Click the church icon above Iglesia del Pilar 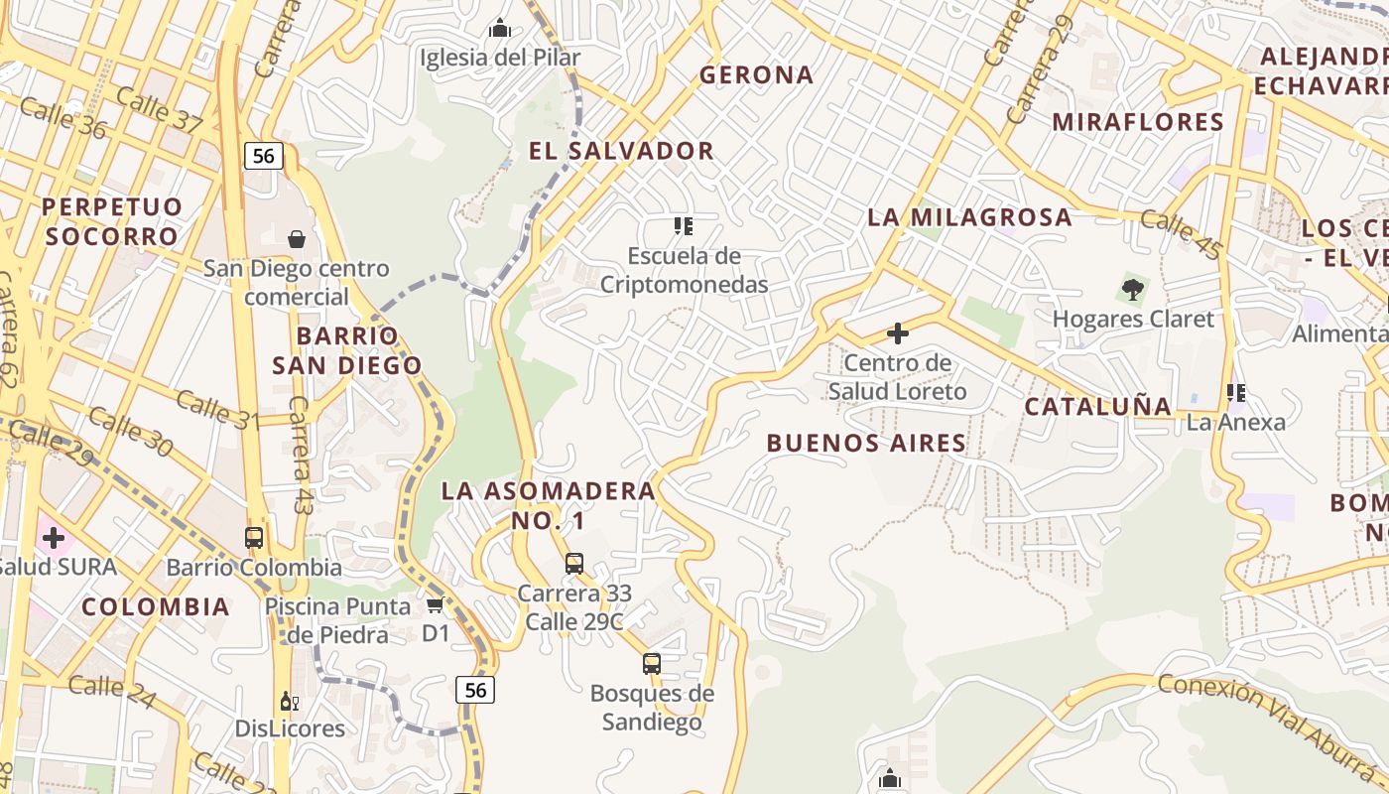point(500,28)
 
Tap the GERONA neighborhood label point(756,74)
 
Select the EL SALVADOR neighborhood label point(621,151)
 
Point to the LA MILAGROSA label point(969,217)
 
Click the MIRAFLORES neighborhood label point(1138,122)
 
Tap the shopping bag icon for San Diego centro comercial point(296,239)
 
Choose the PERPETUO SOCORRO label point(112,221)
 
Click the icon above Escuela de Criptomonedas point(683,226)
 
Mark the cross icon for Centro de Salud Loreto point(897,333)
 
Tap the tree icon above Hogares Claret point(1132,290)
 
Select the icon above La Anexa point(1235,393)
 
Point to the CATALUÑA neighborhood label point(1097,406)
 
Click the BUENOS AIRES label point(866,444)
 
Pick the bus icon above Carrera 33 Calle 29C point(573,564)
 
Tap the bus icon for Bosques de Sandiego point(651,663)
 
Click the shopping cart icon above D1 point(435,604)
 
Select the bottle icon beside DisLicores point(289,701)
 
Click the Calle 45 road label point(1181,234)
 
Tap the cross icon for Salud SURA point(54,538)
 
